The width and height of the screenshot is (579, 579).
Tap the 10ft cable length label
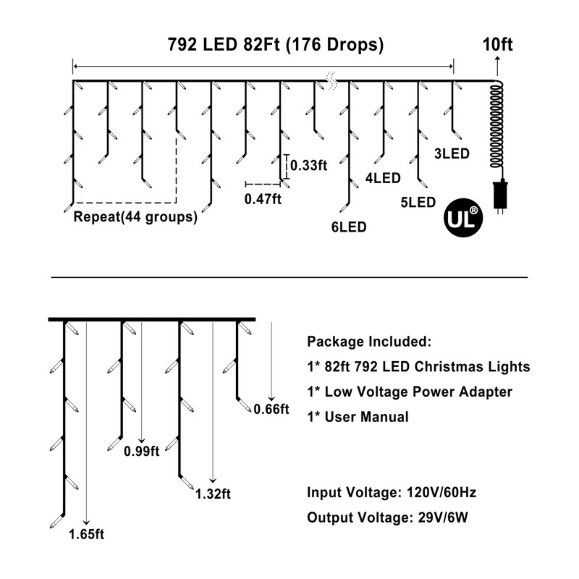pos(497,45)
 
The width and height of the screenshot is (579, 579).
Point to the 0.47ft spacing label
pos(263,199)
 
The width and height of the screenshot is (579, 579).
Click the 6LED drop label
pos(349,227)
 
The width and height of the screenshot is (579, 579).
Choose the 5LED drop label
pos(417,202)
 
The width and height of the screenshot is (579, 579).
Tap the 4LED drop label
pos(384,177)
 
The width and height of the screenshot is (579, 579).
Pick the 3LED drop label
pos(452,153)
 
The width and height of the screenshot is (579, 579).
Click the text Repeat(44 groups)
pos(135,216)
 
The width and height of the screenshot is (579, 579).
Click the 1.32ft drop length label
pos(213,494)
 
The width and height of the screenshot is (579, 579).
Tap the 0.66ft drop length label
pos(271,410)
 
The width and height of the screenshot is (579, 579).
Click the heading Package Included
pos(370,342)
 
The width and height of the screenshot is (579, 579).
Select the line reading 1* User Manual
pos(358,417)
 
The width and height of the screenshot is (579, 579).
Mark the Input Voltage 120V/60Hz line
pos(392,493)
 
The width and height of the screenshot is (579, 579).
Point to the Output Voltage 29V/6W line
pos(390,518)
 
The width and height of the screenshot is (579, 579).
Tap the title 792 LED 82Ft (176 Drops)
pos(265,45)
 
